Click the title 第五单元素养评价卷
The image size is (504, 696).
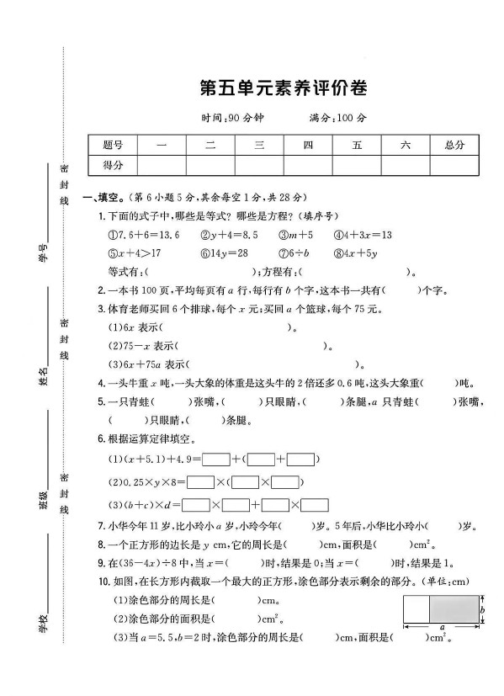coord(284,87)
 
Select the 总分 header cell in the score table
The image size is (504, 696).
coord(454,145)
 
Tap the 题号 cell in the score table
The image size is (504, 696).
coord(112,145)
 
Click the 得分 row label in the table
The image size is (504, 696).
coord(112,165)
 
